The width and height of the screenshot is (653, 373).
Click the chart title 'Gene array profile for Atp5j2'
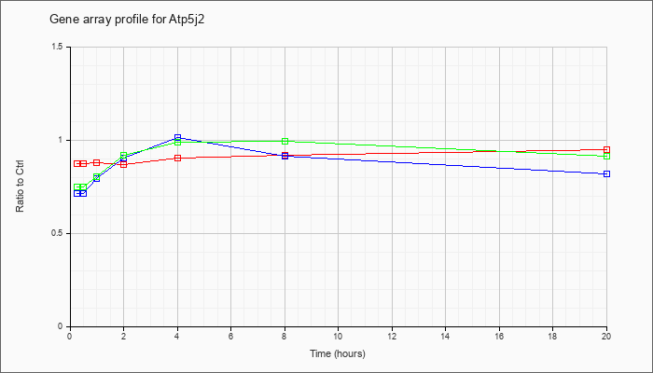(x=127, y=20)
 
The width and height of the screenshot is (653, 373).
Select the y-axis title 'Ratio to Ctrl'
(x=20, y=186)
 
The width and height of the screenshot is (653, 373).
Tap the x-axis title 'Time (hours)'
(x=338, y=353)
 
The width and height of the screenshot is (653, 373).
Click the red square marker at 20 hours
(x=606, y=150)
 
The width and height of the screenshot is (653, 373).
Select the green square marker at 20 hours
(x=606, y=156)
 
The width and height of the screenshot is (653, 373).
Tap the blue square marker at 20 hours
(x=606, y=174)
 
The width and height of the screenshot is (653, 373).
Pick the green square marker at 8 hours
(x=285, y=142)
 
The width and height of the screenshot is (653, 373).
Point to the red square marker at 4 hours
(x=178, y=159)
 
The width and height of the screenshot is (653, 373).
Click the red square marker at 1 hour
(x=97, y=163)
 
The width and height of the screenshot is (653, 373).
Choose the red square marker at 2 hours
(x=124, y=164)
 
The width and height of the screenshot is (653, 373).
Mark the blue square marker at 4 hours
(x=178, y=137)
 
